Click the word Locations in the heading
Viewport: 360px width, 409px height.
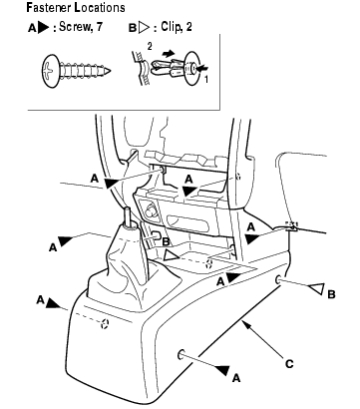click(x=100, y=7)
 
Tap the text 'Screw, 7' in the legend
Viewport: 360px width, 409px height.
click(x=81, y=27)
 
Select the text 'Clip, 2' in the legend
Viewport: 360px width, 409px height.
click(x=177, y=27)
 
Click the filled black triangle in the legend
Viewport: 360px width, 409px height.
click(x=43, y=28)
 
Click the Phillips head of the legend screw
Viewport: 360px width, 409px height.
click(x=50, y=71)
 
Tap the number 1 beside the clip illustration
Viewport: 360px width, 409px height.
click(x=205, y=79)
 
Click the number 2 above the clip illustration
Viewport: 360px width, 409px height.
click(x=150, y=47)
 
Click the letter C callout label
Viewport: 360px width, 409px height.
click(x=289, y=364)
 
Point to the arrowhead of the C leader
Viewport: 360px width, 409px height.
click(x=245, y=323)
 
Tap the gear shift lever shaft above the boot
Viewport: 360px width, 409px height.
click(x=129, y=216)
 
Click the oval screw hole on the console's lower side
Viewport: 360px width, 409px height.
click(x=181, y=355)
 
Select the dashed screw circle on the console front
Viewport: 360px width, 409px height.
click(x=105, y=323)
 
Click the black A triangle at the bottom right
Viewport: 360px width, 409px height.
click(x=223, y=370)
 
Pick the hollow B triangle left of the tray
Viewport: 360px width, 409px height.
click(x=173, y=255)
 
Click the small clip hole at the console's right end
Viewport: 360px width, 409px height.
click(x=278, y=280)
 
